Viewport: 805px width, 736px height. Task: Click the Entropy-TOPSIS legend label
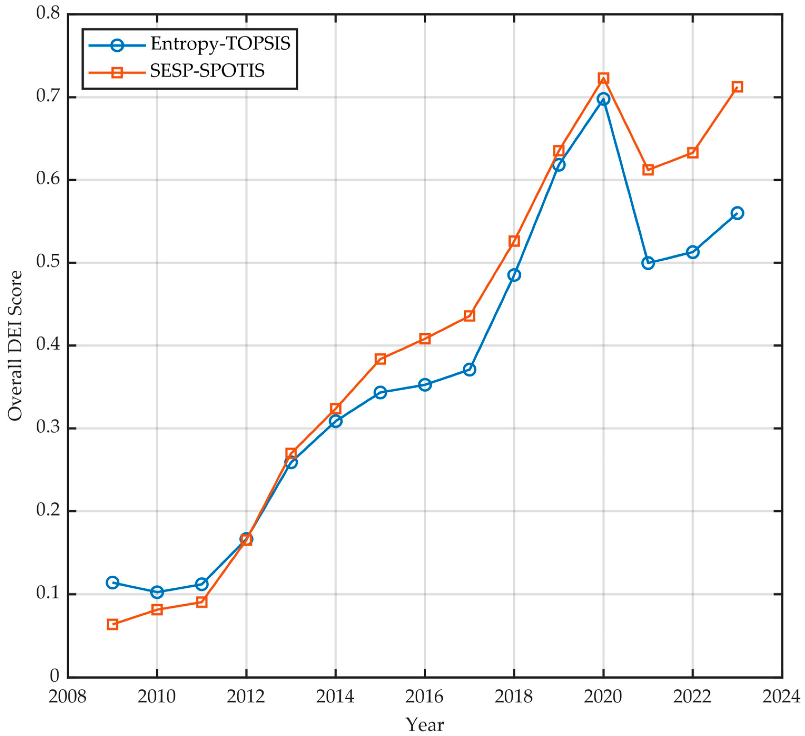220,43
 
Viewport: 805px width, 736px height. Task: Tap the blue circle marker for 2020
603,99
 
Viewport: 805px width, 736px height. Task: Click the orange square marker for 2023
738,87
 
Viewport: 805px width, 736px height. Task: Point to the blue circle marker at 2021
648,263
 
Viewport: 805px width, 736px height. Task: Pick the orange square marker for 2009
113,624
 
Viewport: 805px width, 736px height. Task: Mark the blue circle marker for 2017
470,369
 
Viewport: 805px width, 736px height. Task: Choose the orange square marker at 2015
380,359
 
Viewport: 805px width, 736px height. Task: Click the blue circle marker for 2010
157,592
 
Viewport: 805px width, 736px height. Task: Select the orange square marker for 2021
648,170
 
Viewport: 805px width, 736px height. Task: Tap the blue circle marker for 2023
738,213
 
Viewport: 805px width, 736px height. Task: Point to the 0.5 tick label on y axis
47,262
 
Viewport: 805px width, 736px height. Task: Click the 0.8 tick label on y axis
47,13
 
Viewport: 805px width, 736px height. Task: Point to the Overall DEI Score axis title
15,346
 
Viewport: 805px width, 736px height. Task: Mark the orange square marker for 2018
514,241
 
